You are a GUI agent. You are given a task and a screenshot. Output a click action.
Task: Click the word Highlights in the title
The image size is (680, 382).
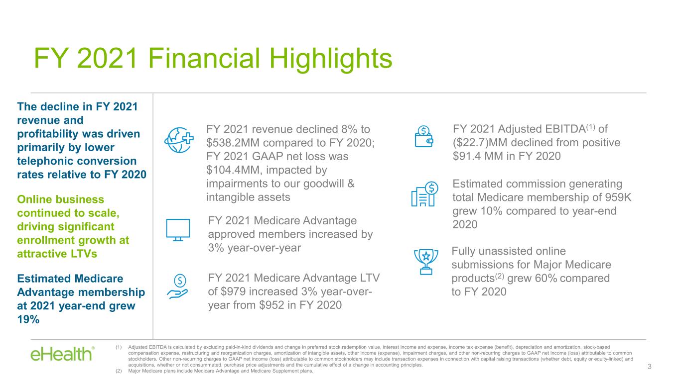pyautogui.click(x=331, y=59)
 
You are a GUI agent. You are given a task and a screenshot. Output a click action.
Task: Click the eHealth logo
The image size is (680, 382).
pyautogui.click(x=63, y=354)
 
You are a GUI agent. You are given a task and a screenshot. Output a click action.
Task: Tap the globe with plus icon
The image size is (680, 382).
pyautogui.click(x=179, y=140)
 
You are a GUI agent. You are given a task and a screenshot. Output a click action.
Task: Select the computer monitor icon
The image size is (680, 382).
pyautogui.click(x=178, y=230)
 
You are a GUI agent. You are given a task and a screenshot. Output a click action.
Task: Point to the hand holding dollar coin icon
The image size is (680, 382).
pyautogui.click(x=177, y=286)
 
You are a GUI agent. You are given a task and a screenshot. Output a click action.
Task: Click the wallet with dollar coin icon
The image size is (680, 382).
pyautogui.click(x=424, y=137)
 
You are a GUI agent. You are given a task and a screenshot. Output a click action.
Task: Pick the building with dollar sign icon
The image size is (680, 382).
pyautogui.click(x=425, y=194)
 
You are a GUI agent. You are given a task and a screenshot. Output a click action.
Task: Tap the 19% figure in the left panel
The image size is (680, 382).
pyautogui.click(x=28, y=319)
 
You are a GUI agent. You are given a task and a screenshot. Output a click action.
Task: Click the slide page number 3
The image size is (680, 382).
pyautogui.click(x=649, y=367)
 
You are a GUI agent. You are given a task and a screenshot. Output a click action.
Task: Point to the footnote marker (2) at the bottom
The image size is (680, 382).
pyautogui.click(x=119, y=371)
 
